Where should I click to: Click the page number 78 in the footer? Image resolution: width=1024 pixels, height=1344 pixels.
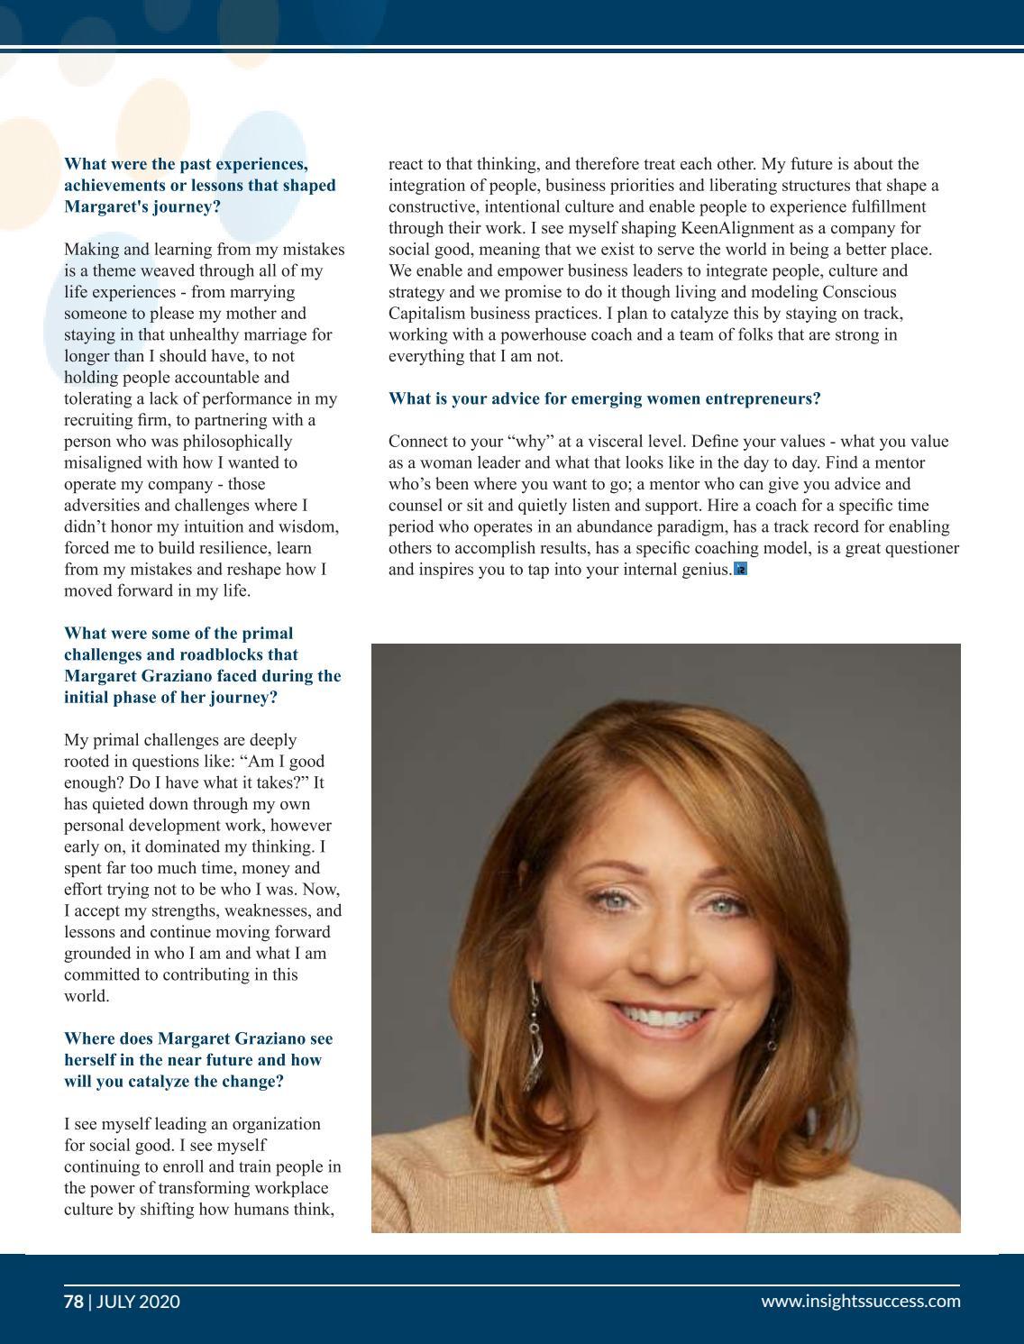73,1301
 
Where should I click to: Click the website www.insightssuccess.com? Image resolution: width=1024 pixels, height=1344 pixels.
860,1301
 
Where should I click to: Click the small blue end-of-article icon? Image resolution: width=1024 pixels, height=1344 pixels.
741,569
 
